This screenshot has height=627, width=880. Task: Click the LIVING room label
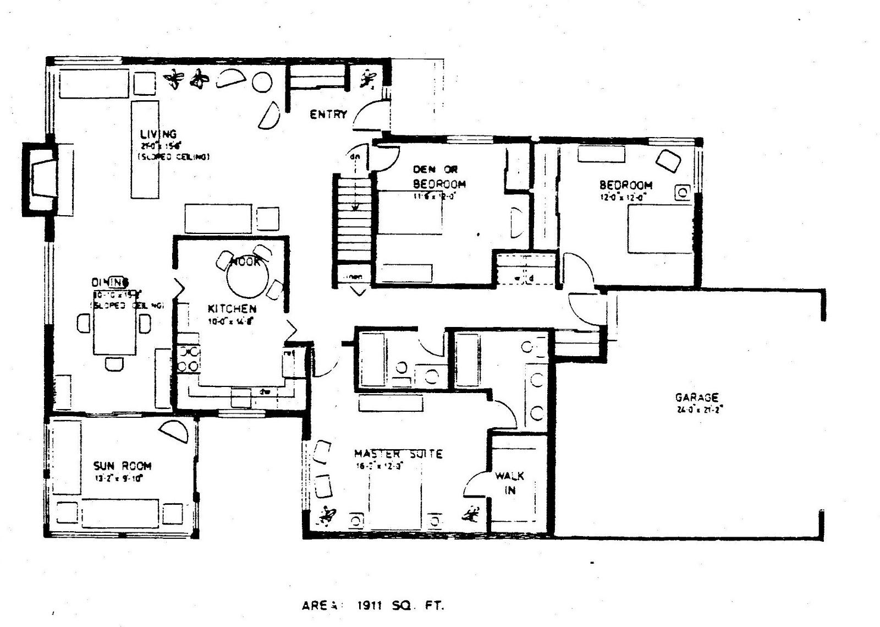(x=158, y=134)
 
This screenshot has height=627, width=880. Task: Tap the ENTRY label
(x=328, y=115)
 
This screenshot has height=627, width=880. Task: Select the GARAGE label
(x=697, y=397)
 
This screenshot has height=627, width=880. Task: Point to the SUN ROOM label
(x=122, y=466)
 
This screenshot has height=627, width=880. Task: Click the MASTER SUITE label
(x=398, y=454)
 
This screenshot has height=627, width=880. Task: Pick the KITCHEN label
(x=232, y=309)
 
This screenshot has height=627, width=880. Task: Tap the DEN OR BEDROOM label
(x=438, y=177)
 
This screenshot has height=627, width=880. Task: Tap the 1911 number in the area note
(x=371, y=606)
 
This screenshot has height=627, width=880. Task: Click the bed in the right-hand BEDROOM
(x=660, y=228)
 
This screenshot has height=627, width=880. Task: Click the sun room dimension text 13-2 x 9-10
(x=119, y=478)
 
